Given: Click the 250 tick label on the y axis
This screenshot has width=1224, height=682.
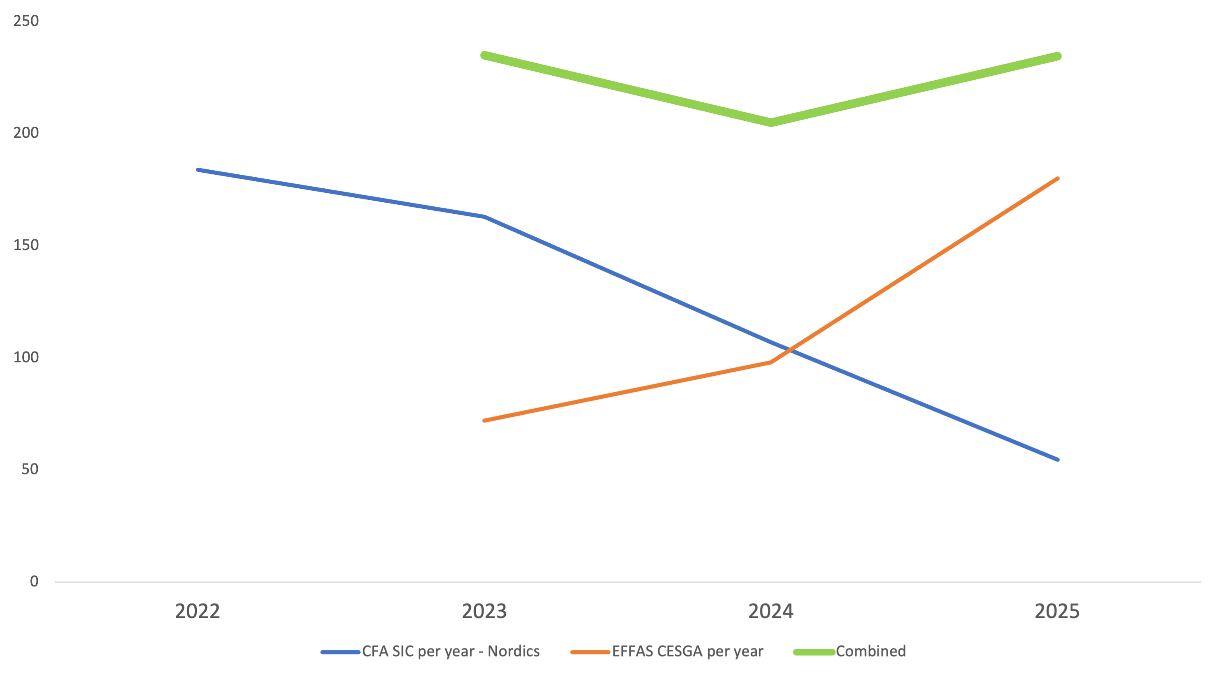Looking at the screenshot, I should coord(25,21).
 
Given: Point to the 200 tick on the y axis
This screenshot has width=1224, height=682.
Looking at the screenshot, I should coord(25,133).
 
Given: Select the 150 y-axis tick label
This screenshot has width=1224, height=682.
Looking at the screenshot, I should coord(25,245).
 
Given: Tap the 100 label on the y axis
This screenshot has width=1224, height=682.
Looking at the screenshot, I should coord(25,357).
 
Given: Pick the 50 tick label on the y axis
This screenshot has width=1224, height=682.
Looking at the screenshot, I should coord(30,469).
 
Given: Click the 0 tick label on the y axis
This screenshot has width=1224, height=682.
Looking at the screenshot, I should coord(34,581).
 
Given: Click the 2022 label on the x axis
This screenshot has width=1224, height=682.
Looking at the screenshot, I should coord(197,611).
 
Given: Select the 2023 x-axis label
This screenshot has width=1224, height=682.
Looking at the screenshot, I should coord(484,611).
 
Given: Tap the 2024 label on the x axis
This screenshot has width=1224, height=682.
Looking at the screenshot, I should coord(771,611).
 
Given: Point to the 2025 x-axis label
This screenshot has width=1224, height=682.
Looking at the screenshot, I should coord(1057,611).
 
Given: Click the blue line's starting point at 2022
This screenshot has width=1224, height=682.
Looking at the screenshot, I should coord(198,170).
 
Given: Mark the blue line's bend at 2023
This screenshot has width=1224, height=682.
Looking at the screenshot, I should coord(484,217).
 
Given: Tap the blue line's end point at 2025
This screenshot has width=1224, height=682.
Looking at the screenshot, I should coord(1058,460).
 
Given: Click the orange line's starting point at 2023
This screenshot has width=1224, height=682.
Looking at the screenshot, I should coord(484,421).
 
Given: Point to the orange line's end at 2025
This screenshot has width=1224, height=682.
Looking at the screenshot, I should coord(1058,179).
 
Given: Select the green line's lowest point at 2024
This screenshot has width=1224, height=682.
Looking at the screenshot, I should coord(771,122).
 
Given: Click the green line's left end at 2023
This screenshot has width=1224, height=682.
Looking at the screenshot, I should coord(484,55).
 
